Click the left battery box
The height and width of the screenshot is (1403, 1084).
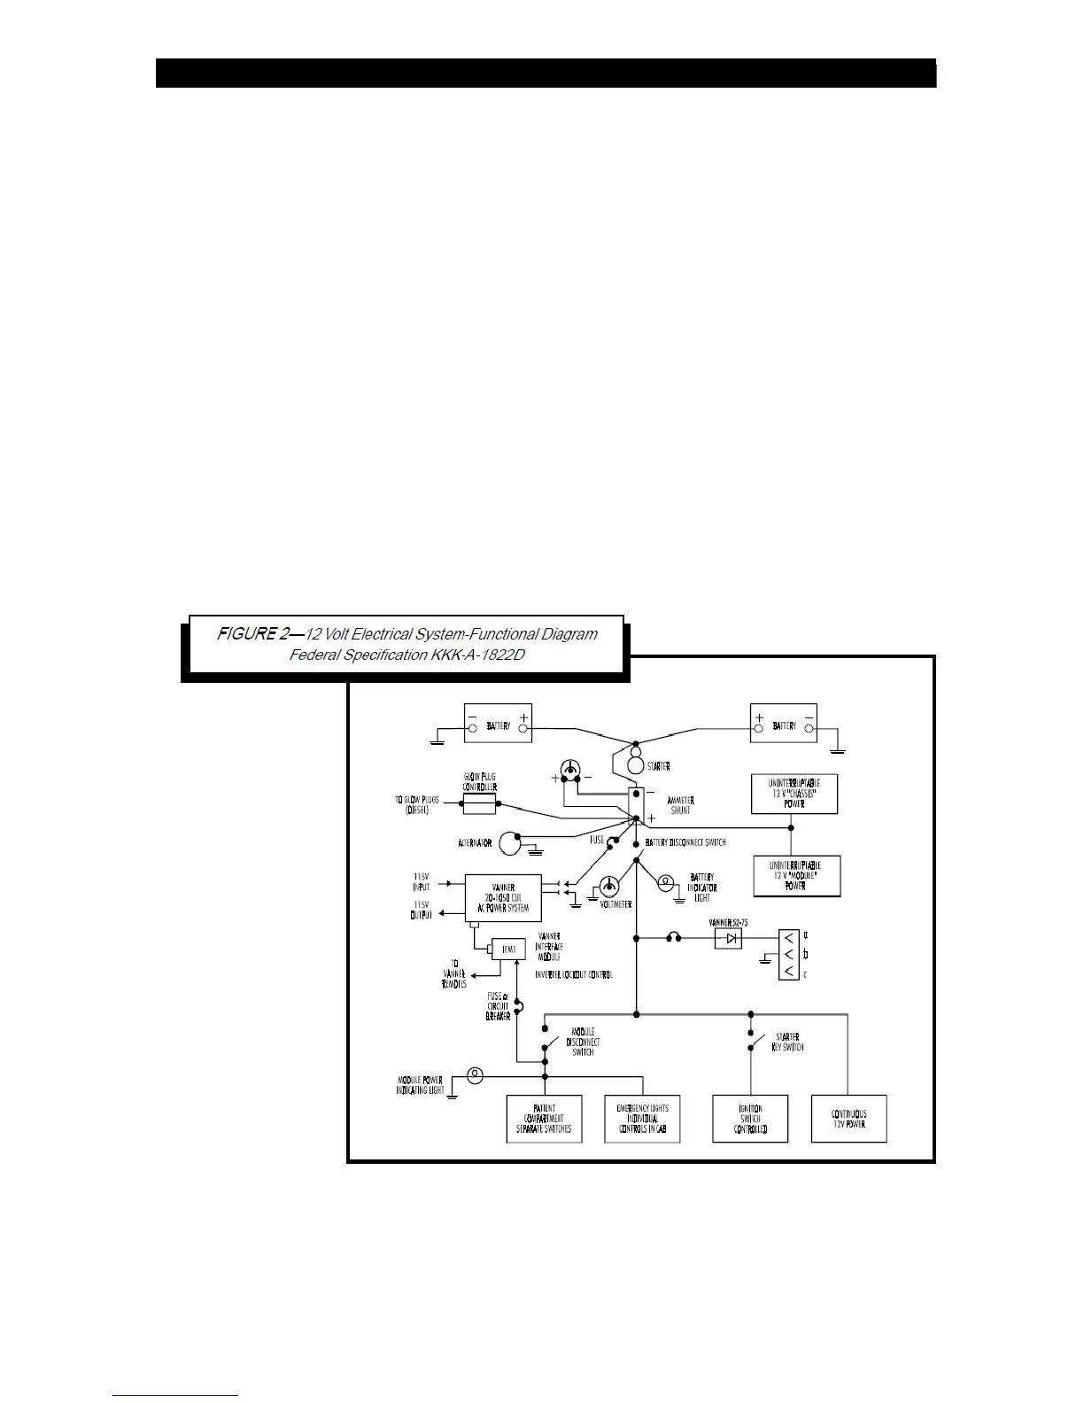[x=498, y=724]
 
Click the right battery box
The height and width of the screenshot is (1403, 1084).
[x=783, y=724]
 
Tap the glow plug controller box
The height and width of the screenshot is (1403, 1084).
[x=479, y=803]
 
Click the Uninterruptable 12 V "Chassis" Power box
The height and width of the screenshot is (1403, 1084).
[x=794, y=794]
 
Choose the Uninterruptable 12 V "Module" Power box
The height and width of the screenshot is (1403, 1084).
[x=795, y=876]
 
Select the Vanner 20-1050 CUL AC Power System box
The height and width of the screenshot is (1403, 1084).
[x=502, y=898]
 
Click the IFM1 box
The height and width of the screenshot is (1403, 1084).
[x=508, y=950]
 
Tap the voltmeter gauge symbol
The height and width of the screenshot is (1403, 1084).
[x=610, y=887]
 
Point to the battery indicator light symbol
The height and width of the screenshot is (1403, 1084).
[x=668, y=881]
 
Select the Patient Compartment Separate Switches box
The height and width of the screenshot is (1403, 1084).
[x=544, y=1119]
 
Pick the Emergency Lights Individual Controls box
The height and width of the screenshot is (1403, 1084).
[x=642, y=1119]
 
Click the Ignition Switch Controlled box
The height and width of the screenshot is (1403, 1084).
[x=750, y=1119]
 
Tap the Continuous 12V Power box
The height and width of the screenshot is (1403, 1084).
[x=848, y=1119]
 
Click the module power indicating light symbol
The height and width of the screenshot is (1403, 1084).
[x=476, y=1075]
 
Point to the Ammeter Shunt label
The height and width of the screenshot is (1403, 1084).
[x=680, y=805]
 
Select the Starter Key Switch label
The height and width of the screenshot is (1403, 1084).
[x=787, y=1042]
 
